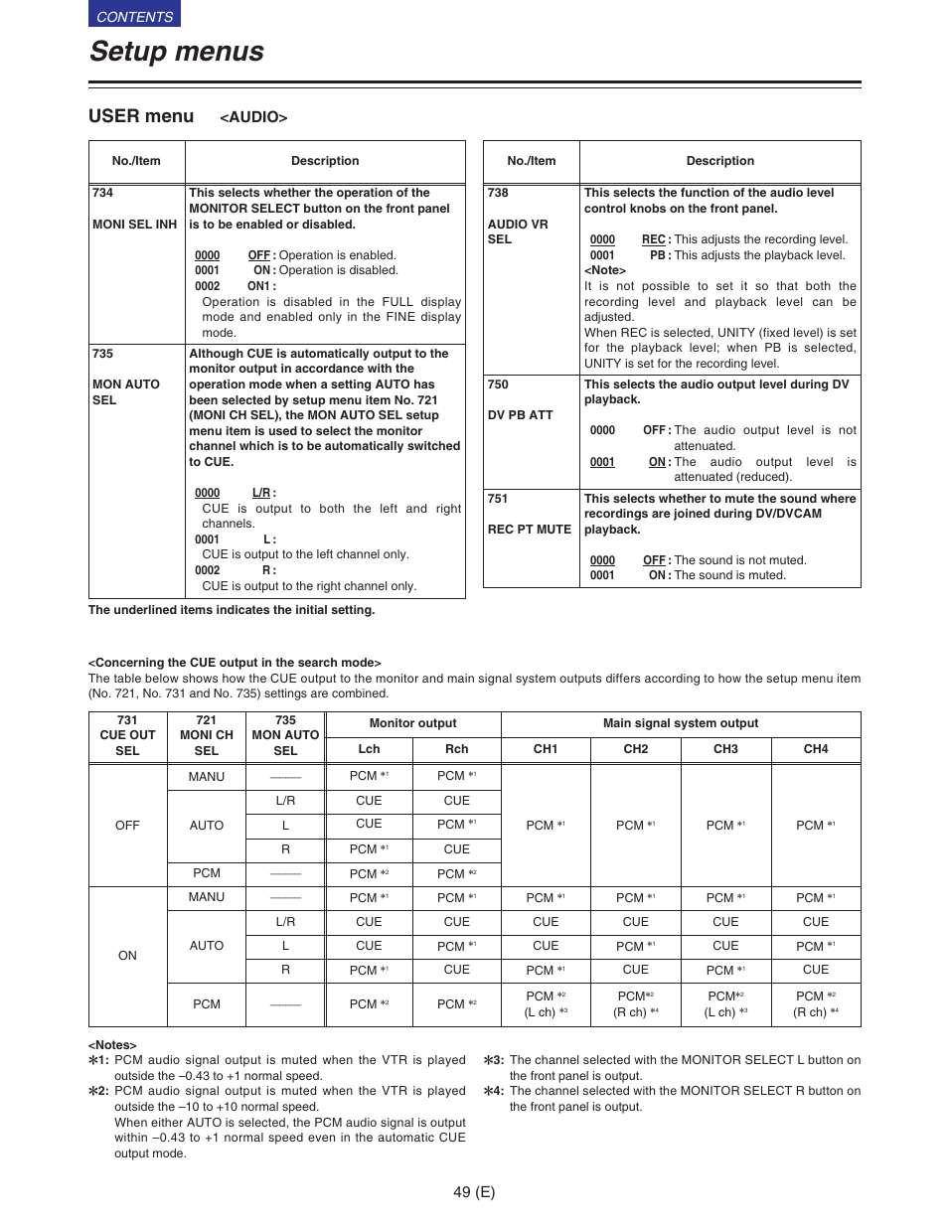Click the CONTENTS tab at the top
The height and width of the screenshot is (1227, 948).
point(134,16)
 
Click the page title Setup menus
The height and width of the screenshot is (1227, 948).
point(177,52)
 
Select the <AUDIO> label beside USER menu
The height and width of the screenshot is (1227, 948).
point(253,117)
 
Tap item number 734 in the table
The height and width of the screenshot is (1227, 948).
point(102,193)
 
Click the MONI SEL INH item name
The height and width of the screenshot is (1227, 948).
point(134,225)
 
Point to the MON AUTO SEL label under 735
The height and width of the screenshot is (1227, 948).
point(125,392)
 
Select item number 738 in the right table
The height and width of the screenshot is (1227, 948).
point(498,193)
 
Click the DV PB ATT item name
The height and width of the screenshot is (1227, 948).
point(520,415)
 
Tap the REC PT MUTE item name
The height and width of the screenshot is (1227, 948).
point(529,530)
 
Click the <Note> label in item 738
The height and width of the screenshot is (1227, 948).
point(605,270)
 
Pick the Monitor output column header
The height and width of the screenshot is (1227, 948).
point(412,723)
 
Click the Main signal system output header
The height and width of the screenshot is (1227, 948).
point(680,723)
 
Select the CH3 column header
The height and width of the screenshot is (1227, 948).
point(725,749)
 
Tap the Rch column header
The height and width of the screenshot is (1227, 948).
point(456,749)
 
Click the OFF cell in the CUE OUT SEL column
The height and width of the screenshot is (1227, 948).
point(127,826)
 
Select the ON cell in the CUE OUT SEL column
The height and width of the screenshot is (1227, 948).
point(127,956)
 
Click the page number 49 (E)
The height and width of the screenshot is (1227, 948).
point(474,1192)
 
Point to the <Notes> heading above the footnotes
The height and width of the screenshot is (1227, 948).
point(112,1045)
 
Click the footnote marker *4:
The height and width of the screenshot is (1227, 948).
point(494,1091)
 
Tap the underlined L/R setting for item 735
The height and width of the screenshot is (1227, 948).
point(260,493)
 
